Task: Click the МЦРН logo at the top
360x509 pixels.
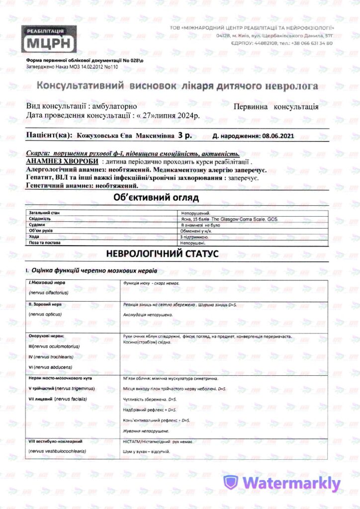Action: click(49, 39)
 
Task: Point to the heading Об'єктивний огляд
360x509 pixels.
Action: click(156, 198)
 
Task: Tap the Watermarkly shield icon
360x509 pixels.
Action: click(231, 483)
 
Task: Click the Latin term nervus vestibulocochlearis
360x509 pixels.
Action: click(58, 451)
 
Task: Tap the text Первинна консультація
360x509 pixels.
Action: click(276, 107)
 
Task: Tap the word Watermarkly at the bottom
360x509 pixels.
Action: click(292, 483)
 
